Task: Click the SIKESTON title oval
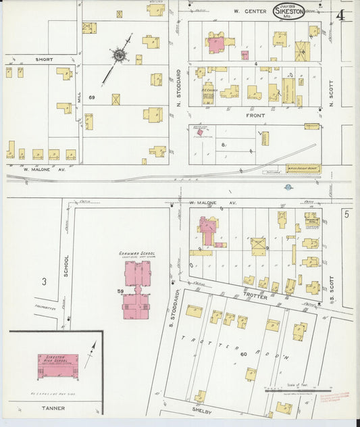[289, 11]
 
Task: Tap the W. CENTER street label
[247, 11]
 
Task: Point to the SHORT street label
[45, 59]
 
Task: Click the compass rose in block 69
[120, 55]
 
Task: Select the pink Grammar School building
[138, 291]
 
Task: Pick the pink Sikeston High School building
[57, 365]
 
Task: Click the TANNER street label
[53, 407]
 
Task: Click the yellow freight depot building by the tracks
[303, 168]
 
